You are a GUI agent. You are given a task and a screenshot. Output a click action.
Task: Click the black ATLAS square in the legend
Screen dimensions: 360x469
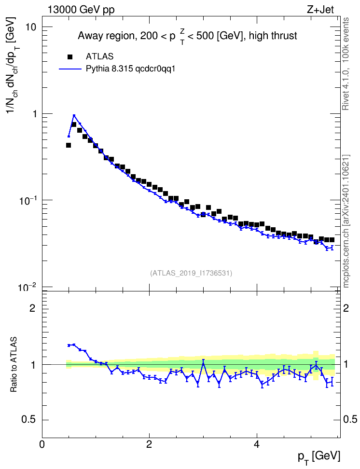(x=70, y=56)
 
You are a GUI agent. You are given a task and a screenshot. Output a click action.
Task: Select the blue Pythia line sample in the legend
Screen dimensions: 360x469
(x=70, y=69)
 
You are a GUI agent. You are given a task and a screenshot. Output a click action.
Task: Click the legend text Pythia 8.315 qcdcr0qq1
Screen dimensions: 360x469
(x=130, y=69)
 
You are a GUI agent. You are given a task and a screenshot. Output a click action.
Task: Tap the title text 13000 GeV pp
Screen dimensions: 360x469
(x=81, y=10)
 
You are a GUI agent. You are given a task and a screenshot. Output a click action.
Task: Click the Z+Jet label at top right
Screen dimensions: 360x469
(x=320, y=10)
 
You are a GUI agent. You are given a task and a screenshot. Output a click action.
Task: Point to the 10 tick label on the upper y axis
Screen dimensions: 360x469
(x=30, y=27)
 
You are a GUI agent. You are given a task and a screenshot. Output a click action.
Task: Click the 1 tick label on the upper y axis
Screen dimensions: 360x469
(x=33, y=114)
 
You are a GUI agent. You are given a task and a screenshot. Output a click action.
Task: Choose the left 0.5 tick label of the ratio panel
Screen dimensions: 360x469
(x=28, y=420)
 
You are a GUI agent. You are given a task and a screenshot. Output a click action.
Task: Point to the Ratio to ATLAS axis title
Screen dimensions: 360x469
(x=14, y=364)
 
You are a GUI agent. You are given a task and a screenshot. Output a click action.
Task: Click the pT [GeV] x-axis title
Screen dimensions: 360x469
(x=319, y=457)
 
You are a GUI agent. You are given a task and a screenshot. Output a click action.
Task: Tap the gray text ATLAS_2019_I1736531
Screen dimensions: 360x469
(x=191, y=273)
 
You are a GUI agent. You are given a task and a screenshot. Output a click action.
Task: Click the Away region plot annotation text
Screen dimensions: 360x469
(x=187, y=37)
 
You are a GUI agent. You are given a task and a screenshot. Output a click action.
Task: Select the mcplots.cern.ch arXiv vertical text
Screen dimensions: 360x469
(x=346, y=221)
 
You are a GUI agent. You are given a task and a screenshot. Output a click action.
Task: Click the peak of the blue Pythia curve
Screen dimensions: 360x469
(x=74, y=115)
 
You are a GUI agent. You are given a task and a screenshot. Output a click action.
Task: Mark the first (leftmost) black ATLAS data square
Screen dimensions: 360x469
(x=69, y=145)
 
